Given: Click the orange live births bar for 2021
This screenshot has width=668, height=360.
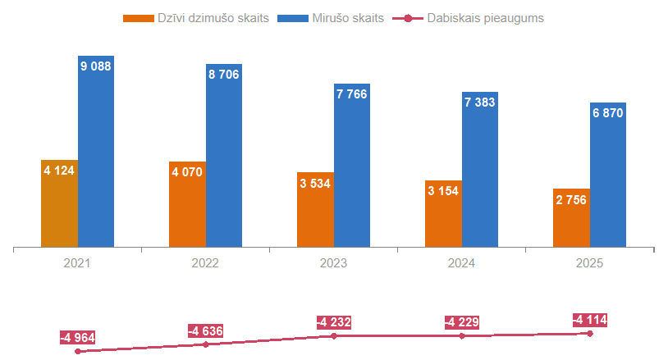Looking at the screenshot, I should click(x=60, y=205).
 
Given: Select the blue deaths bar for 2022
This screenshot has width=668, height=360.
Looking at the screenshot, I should click(x=224, y=156).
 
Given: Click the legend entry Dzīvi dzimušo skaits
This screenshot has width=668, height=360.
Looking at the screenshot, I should click(x=197, y=17).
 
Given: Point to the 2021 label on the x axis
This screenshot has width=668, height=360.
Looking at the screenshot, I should click(x=77, y=263).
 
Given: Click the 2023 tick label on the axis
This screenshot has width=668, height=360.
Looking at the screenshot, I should click(x=333, y=263).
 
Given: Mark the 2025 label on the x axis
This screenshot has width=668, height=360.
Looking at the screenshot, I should click(x=589, y=263).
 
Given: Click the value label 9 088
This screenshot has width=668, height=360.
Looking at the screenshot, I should click(x=96, y=66).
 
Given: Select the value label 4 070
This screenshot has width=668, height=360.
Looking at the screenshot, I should click(x=187, y=172).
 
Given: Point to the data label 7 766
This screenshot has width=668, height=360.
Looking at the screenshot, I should click(x=351, y=93).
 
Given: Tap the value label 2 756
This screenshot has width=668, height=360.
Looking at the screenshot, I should click(x=570, y=199).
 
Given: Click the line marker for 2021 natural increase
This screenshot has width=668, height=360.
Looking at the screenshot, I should click(x=78, y=351).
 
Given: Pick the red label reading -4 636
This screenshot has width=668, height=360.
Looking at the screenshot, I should click(x=205, y=331).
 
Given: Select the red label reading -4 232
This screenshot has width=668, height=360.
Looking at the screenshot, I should click(x=334, y=322).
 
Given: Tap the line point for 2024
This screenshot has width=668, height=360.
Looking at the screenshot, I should click(x=462, y=336).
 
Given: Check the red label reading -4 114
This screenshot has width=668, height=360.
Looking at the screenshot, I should click(x=590, y=320).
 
